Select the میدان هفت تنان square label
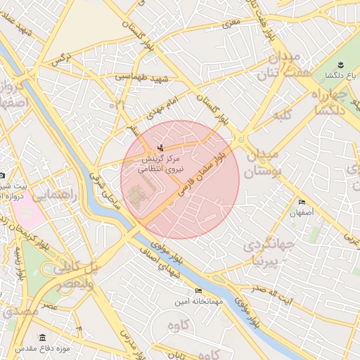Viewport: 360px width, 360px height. coord(281,64)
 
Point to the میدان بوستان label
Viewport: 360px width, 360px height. coord(263,162)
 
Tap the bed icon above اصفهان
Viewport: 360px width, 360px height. coord(302,202)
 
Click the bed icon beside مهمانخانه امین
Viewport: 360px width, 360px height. coord(198,290)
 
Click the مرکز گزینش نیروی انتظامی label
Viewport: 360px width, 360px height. coord(160,165)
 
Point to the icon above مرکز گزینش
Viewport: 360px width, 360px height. coord(161,148)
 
